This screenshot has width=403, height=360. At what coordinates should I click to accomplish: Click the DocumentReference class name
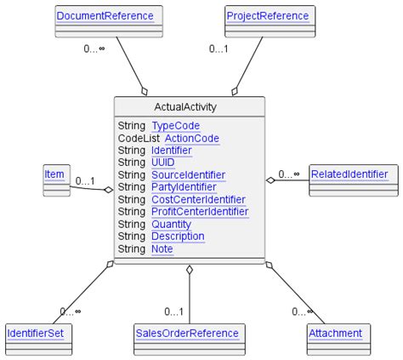(x=105, y=16)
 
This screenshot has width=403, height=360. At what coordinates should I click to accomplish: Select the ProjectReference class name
(x=268, y=16)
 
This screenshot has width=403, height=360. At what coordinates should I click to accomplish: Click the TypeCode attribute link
(x=176, y=125)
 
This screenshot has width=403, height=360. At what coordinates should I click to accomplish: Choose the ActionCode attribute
(x=191, y=138)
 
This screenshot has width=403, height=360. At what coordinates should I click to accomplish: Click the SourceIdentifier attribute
(x=189, y=174)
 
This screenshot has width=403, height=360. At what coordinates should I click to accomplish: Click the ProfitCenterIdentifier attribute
(x=200, y=212)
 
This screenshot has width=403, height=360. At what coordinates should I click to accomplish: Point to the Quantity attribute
(x=172, y=224)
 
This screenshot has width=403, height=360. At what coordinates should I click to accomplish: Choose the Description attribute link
(x=178, y=236)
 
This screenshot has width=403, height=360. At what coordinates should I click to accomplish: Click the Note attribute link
(x=162, y=249)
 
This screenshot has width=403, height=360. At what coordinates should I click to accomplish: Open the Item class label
(x=54, y=174)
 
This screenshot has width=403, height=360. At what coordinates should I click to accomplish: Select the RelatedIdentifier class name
(x=349, y=174)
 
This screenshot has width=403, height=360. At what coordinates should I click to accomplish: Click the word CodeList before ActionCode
(x=138, y=138)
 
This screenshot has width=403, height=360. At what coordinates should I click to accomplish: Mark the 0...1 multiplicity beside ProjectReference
(x=220, y=49)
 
